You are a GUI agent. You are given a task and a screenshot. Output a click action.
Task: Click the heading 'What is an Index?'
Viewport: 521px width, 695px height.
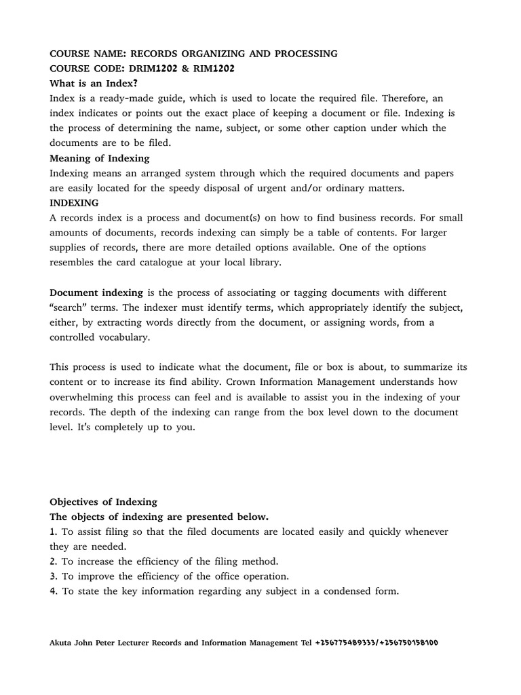[94, 83]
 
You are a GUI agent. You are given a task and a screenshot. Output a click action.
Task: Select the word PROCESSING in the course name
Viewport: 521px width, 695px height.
[301, 53]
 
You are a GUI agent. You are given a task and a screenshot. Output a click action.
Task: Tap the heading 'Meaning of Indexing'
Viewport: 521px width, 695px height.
[99, 158]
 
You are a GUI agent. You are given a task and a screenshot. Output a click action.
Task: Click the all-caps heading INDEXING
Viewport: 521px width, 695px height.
[74, 203]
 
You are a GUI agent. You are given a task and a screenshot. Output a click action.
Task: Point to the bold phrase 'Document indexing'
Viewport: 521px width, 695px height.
[96, 293]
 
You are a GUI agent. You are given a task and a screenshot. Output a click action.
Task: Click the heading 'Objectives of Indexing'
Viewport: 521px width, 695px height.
[103, 502]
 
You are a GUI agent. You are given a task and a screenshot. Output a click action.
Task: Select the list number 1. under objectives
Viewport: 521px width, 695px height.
[53, 531]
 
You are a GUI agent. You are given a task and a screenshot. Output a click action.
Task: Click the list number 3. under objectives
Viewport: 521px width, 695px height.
[53, 576]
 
